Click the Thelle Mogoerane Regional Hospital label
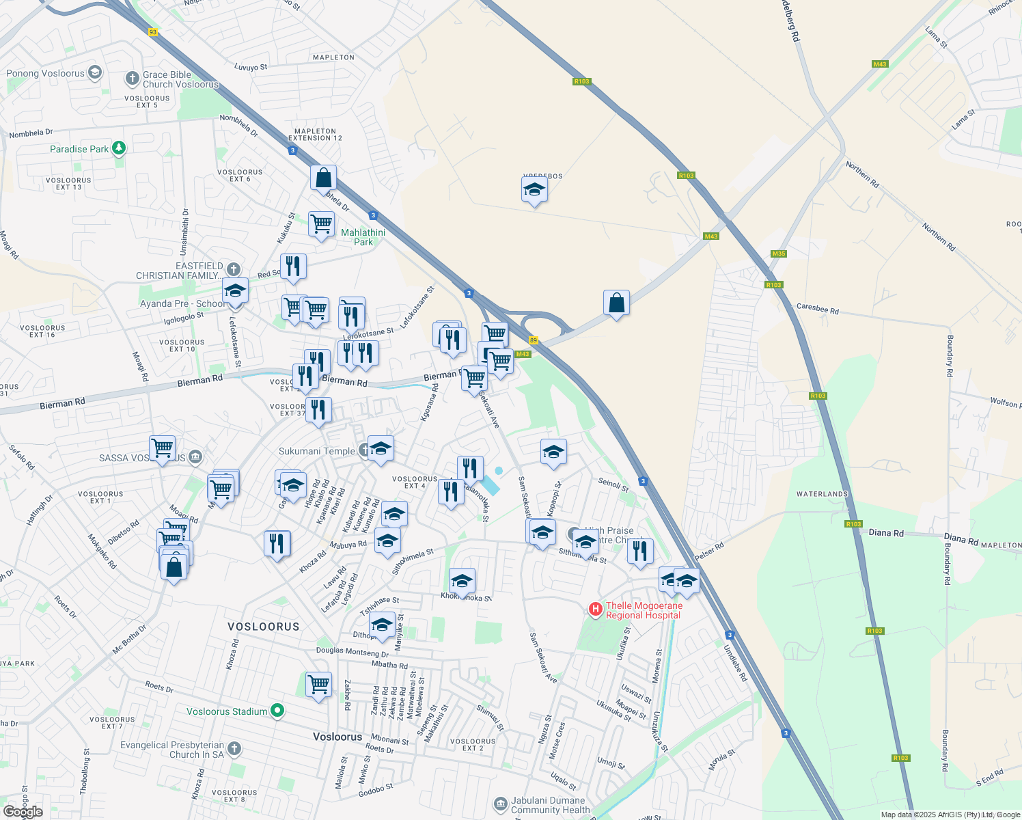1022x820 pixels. pos(644,610)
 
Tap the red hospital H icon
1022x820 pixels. pos(595,608)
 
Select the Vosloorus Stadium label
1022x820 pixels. pos(227,711)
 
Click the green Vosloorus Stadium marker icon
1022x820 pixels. pos(277,711)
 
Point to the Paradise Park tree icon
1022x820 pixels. pos(119,148)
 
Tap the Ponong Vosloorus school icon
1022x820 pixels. pos(94,72)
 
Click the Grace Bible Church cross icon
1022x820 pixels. pos(132,79)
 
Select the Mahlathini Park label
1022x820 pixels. pos(363,237)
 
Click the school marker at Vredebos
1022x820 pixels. pos(534,190)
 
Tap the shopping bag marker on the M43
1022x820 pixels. pos(616,303)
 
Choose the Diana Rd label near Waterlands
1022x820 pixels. pos(886,533)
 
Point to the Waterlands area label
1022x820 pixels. pos(822,494)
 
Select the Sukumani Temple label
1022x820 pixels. pos(316,451)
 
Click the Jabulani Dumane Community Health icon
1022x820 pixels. pos(501,803)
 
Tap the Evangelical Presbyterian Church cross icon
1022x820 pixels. pos(234,749)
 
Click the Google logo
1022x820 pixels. pos(23,812)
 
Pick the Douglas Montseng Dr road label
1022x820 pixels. pos(353,651)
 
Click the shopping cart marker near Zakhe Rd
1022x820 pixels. pos(319,685)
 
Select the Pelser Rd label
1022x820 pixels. pos(709,551)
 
